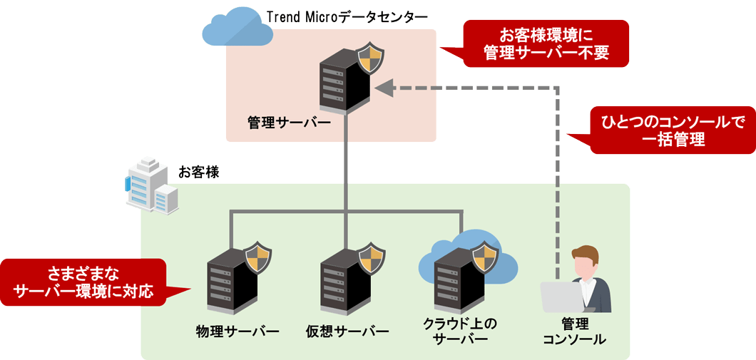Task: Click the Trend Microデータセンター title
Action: pos(347,16)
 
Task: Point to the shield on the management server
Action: pos(369,59)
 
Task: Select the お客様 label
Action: pos(199,172)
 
